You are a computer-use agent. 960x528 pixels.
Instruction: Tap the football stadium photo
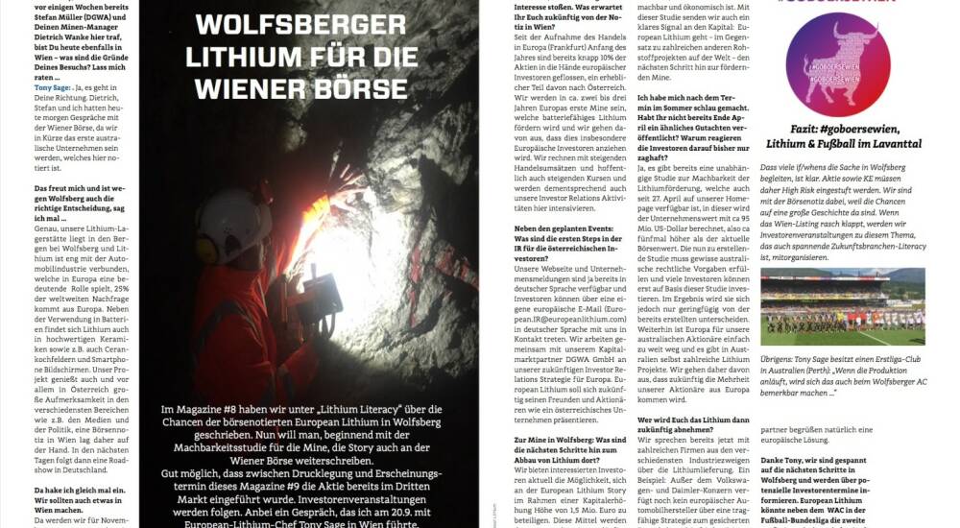tap(842, 304)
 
